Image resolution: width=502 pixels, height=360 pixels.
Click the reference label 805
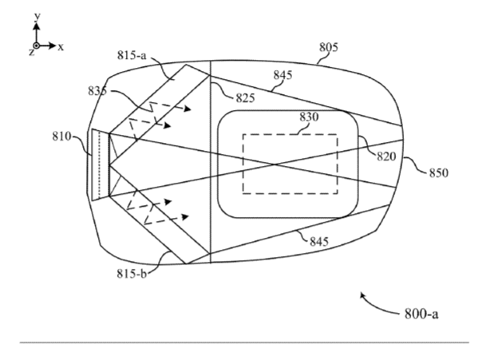[x=329, y=47]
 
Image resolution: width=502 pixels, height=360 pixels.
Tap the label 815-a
[x=132, y=55]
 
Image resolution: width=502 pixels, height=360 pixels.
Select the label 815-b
[x=132, y=274]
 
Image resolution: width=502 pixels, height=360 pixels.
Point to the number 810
[x=61, y=136]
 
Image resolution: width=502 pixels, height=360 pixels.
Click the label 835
[x=97, y=91]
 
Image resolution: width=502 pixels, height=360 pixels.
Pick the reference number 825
[x=245, y=98]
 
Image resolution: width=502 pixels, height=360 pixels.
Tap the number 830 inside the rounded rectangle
[x=310, y=117]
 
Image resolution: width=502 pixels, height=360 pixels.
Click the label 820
[x=386, y=156]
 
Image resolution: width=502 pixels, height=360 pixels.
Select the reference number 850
[x=439, y=173]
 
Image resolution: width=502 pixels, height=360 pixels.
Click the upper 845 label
[x=283, y=75]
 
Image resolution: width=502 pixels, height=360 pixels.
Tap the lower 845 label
[x=319, y=241]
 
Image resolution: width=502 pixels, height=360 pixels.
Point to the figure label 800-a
[x=421, y=314]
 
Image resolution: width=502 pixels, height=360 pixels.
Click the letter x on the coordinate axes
[x=61, y=47]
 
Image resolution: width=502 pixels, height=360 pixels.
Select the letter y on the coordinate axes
[x=38, y=16]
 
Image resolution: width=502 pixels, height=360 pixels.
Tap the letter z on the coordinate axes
[x=31, y=53]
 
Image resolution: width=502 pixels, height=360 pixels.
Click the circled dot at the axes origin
[x=37, y=45]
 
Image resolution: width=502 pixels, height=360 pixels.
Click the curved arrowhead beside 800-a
[x=363, y=295]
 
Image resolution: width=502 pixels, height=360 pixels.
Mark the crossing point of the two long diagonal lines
[x=274, y=164]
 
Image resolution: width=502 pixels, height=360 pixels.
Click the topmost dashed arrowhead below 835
[x=188, y=109]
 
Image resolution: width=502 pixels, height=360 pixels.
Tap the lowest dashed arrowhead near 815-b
[x=185, y=217]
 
